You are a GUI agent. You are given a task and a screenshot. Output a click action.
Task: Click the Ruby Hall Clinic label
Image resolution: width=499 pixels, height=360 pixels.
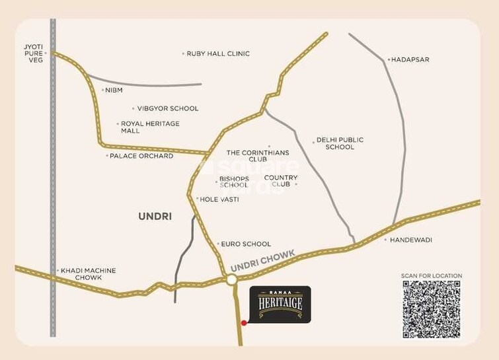click(217, 54)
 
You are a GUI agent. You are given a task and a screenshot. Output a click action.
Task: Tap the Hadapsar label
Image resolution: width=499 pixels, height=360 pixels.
click(410, 59)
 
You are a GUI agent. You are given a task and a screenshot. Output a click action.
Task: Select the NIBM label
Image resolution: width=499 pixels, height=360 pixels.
click(114, 90)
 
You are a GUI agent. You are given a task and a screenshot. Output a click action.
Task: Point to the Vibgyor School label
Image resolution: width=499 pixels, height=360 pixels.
click(167, 108)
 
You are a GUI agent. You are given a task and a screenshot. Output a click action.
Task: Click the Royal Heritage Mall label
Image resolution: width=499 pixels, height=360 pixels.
click(149, 127)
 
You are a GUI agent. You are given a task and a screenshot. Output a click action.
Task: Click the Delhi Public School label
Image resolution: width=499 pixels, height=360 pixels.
click(340, 143)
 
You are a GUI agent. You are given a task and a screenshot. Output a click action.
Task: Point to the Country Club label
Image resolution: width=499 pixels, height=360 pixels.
click(281, 181)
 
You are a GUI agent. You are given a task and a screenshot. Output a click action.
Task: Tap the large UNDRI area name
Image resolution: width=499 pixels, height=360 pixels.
click(155, 216)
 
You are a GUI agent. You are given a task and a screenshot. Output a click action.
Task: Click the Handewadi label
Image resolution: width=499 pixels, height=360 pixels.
click(411, 240)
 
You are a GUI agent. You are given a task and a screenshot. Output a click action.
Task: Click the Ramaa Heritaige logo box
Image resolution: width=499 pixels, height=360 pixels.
click(280, 305)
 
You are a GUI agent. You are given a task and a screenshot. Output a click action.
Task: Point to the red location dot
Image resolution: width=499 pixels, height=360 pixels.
click(244, 323)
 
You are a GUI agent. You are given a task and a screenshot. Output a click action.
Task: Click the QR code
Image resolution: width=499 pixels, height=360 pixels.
click(431, 309)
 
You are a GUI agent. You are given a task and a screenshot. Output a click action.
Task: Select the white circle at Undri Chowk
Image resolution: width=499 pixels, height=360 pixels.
click(231, 280)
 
